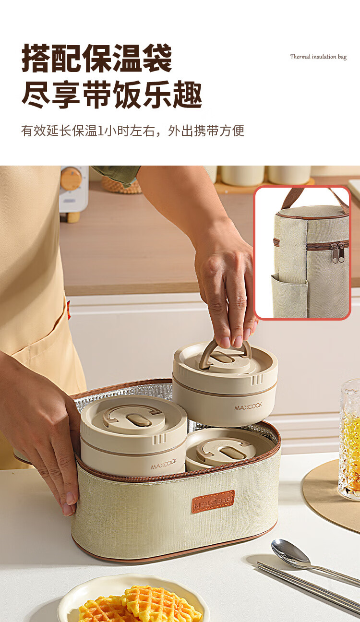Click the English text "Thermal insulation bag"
pyautogui.click(x=318, y=57)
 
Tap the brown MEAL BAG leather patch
pyautogui.click(x=213, y=502)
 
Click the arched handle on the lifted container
pyautogui.click(x=225, y=353)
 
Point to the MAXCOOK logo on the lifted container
pyautogui.click(x=248, y=406)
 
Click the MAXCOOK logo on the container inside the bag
pyautogui.click(x=164, y=464)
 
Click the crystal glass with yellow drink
pyautogui.click(x=350, y=439)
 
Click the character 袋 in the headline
pyautogui.click(x=157, y=58)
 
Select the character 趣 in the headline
pyautogui.click(x=187, y=95)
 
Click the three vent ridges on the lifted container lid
pyautogui.click(x=257, y=380)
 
